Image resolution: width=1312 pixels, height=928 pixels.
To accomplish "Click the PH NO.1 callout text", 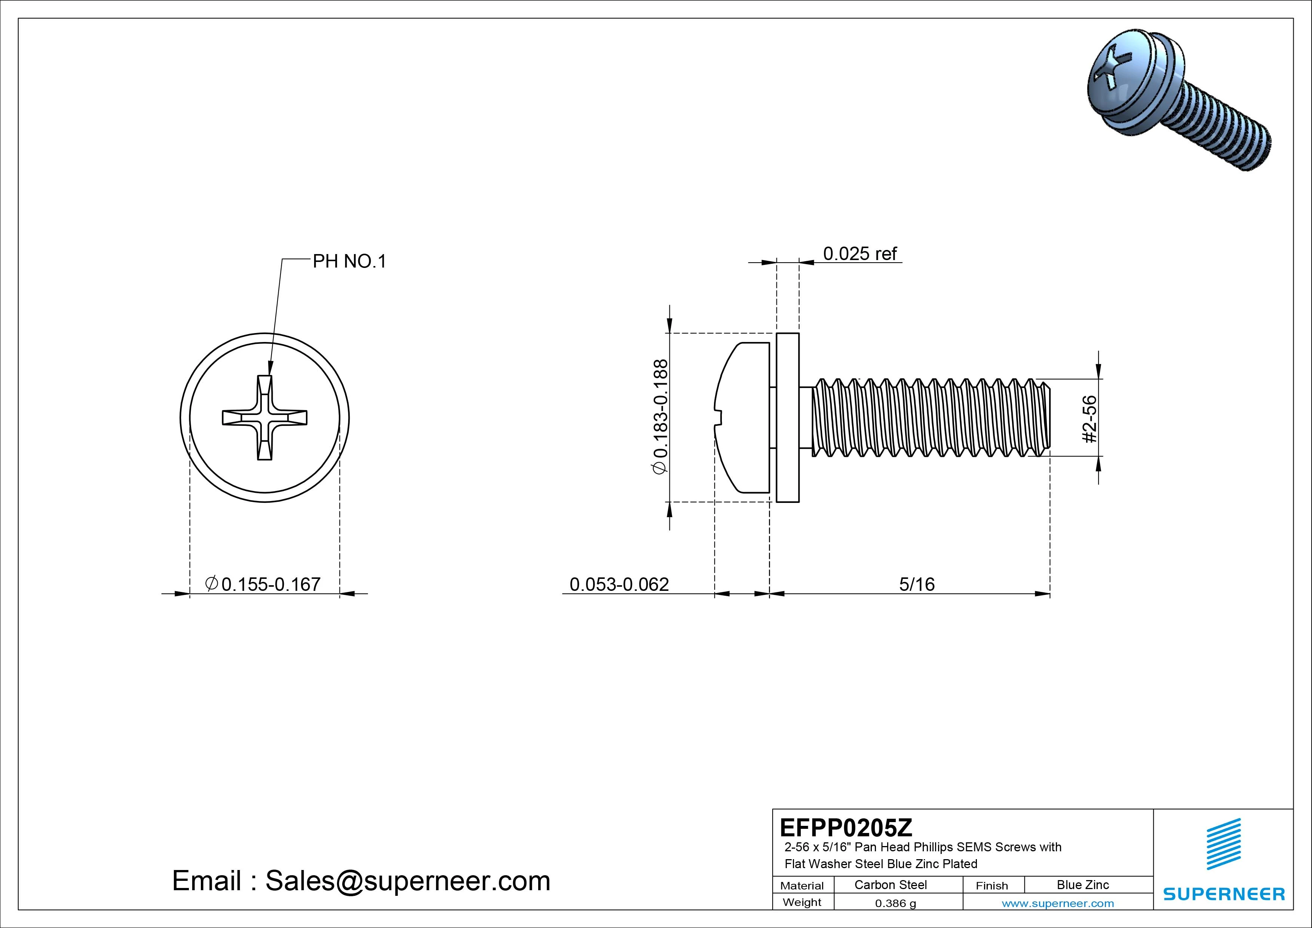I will click(349, 261).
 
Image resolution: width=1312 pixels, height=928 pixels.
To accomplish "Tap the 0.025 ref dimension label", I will click(859, 253).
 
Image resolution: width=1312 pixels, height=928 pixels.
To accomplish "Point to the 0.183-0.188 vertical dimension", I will click(660, 416).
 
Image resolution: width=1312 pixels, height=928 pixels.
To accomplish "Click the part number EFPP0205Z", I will click(846, 827).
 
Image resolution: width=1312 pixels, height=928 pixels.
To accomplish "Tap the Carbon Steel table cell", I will click(890, 885).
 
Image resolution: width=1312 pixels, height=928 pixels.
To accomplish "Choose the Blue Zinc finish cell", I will click(1082, 885).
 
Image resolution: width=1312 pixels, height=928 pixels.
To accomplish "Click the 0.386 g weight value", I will click(895, 903).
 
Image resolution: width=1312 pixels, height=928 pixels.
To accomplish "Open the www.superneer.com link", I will click(1057, 903).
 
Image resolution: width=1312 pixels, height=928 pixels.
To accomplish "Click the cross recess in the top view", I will click(264, 418).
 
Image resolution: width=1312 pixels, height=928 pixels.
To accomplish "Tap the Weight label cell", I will click(802, 902).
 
